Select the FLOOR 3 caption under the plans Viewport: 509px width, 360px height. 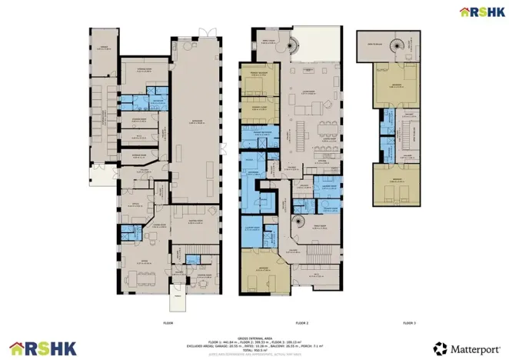point(408,323)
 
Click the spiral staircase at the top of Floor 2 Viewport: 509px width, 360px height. point(293,47)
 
